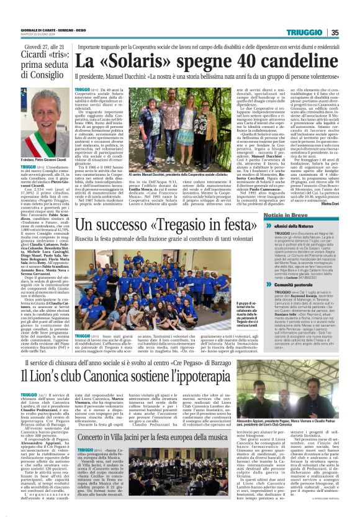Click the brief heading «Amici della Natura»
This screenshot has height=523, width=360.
pos(298,228)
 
